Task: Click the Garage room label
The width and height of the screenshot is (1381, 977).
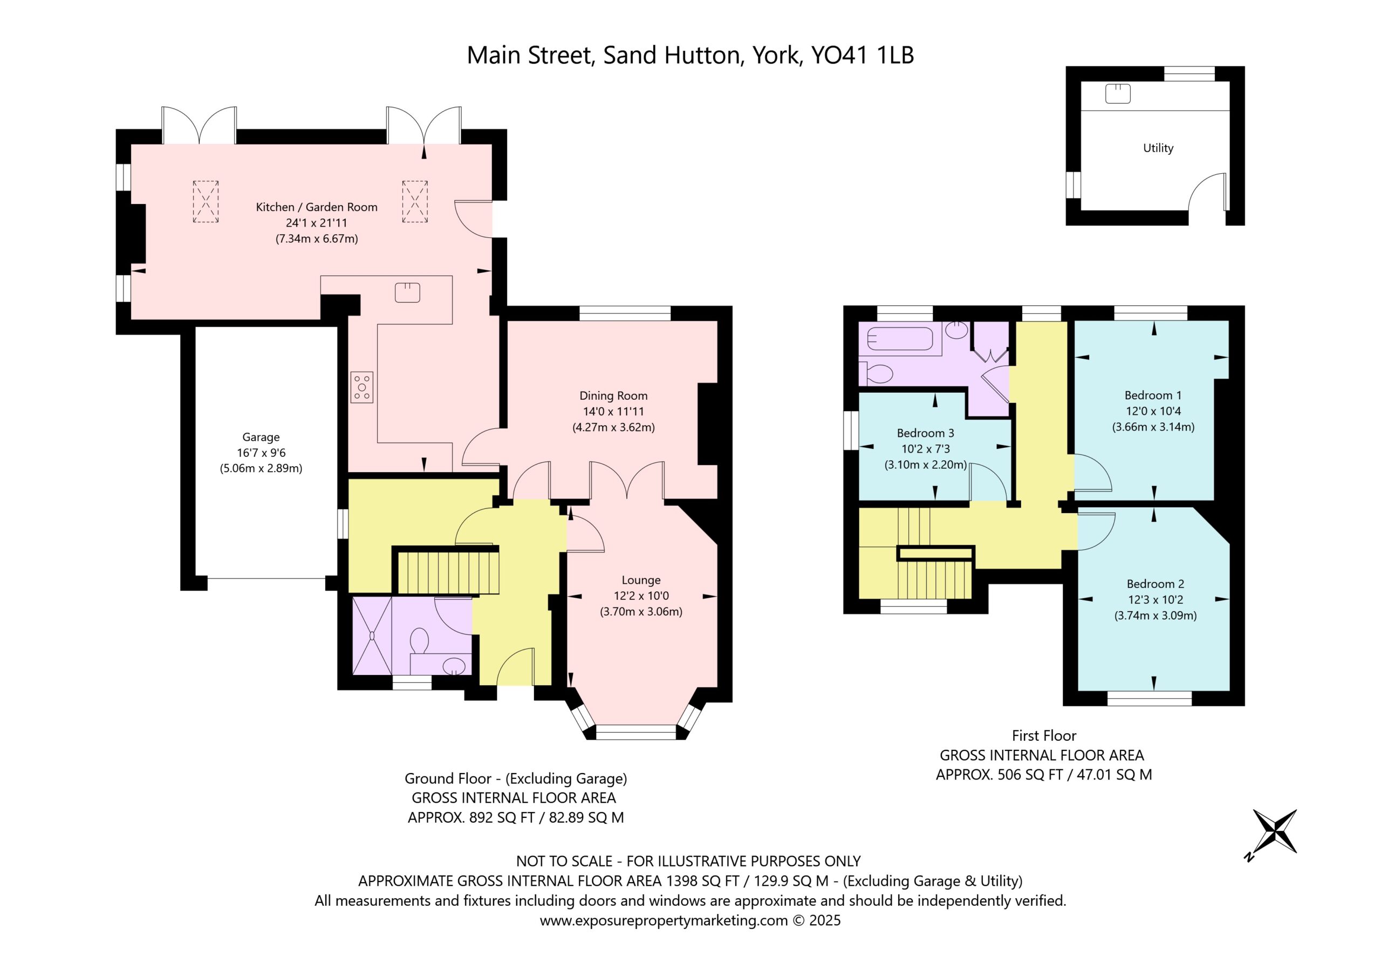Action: [x=261, y=438]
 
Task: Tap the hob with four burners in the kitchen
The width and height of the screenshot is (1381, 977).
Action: [x=362, y=387]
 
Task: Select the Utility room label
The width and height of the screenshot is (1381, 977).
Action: [x=1158, y=148]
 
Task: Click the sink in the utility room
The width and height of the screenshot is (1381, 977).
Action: [x=1118, y=94]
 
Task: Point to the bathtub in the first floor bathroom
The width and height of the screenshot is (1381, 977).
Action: [x=895, y=339]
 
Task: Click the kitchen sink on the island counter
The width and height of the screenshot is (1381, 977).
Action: [x=407, y=292]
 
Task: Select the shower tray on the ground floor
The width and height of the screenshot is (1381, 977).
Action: [x=372, y=636]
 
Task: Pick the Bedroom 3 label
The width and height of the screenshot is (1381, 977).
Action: [x=925, y=433]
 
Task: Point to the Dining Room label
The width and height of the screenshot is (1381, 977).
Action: [x=613, y=396]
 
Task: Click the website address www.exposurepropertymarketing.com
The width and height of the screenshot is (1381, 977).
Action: [x=664, y=920]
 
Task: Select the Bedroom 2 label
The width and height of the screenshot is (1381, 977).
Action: [x=1156, y=584]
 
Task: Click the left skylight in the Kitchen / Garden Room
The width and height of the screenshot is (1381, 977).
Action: [x=206, y=202]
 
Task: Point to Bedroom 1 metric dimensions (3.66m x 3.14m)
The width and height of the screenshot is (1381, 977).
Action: [x=1153, y=427]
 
